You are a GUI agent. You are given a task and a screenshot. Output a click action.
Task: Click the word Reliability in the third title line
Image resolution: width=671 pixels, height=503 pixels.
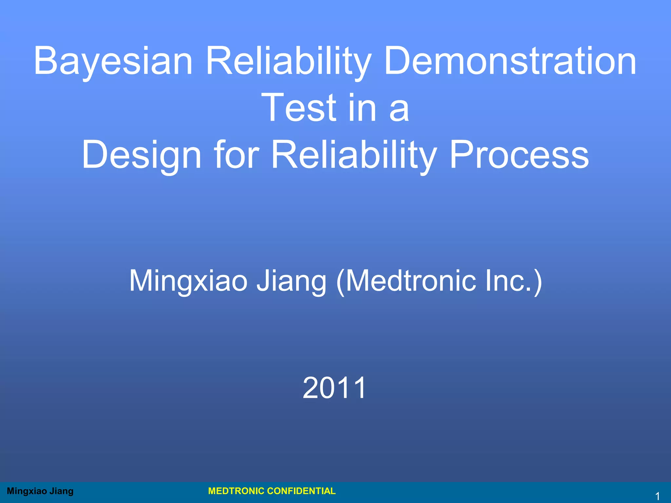pyautogui.click(x=354, y=155)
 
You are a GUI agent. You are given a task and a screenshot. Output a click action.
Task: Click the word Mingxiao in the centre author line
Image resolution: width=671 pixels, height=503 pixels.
pyautogui.click(x=188, y=281)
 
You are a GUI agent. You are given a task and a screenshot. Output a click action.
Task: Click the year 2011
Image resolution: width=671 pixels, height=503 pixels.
pyautogui.click(x=334, y=388)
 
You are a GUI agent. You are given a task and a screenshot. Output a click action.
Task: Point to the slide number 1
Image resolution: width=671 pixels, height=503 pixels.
pyautogui.click(x=657, y=496)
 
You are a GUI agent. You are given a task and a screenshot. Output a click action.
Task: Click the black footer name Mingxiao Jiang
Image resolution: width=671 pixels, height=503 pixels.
pyautogui.click(x=40, y=491)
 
